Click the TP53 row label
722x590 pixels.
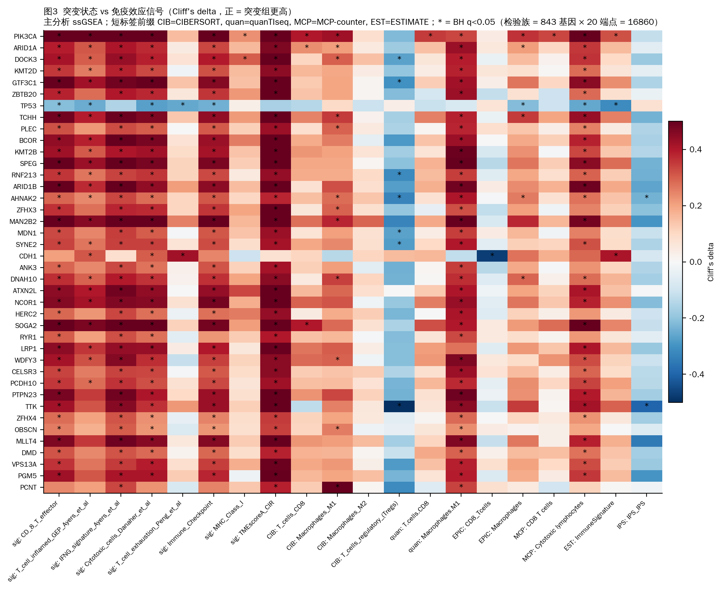point(28,106)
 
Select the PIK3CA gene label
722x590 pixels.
point(25,36)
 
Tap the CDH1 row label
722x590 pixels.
point(28,256)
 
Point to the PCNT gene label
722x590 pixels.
point(28,487)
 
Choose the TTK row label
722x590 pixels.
point(31,407)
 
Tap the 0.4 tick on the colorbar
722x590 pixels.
point(695,150)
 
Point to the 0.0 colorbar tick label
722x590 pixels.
point(695,262)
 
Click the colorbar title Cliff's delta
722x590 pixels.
point(710,262)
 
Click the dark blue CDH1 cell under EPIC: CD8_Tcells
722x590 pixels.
point(492,256)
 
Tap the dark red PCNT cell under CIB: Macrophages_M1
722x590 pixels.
point(337,487)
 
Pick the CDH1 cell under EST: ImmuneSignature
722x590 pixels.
point(616,256)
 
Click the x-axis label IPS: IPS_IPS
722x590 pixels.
point(632,515)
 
